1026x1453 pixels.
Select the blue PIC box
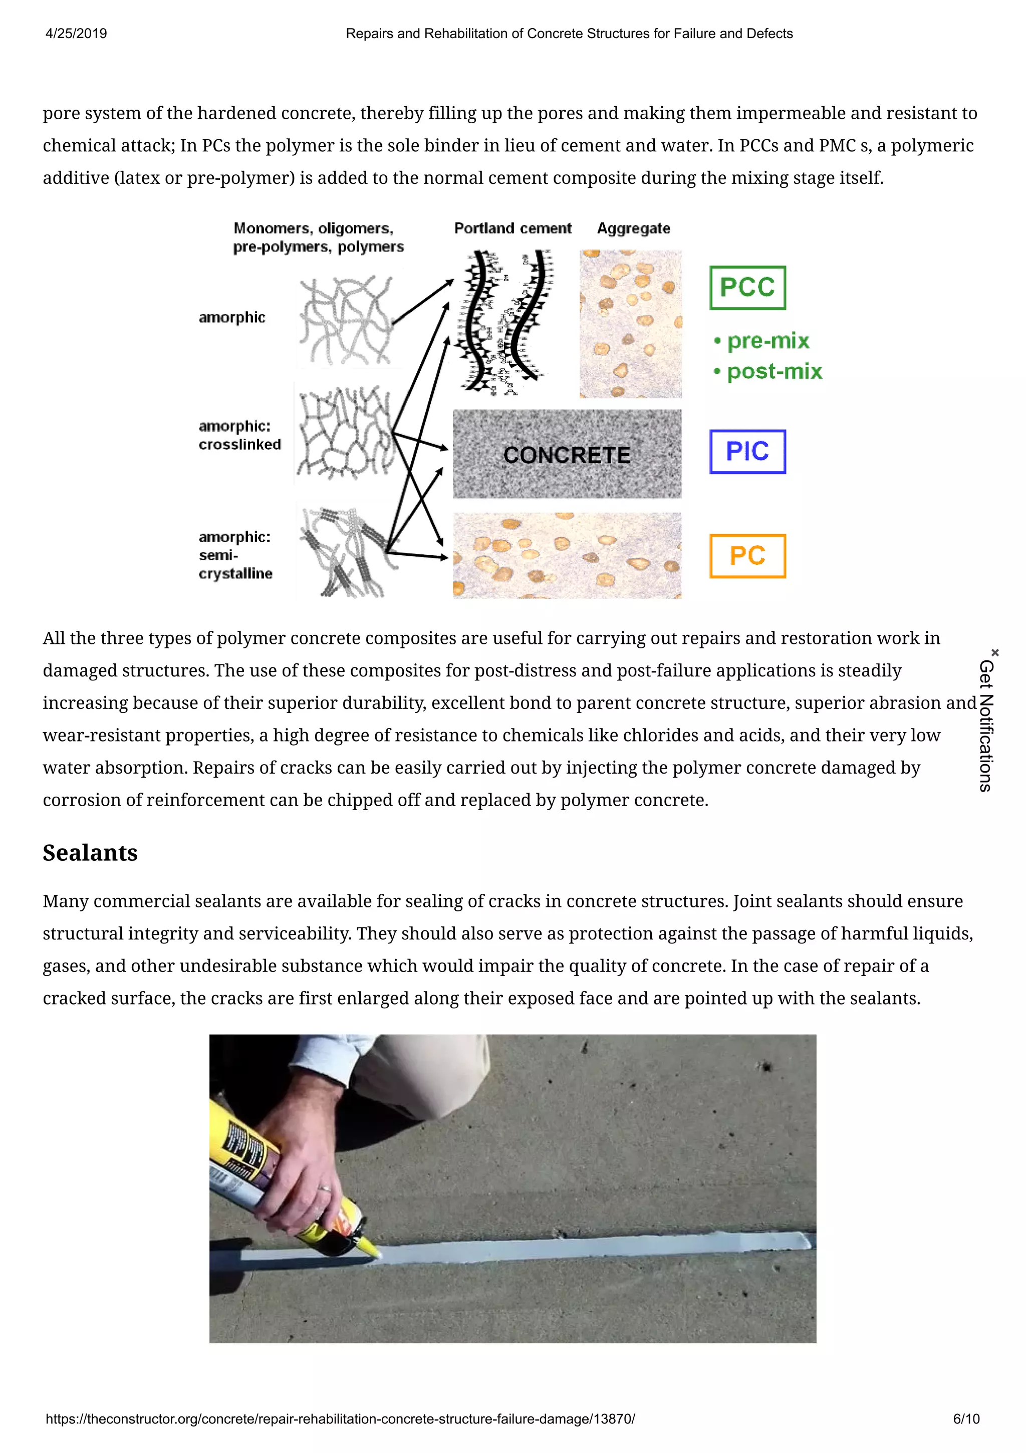(747, 451)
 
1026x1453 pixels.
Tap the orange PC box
(747, 556)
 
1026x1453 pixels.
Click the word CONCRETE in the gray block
(567, 454)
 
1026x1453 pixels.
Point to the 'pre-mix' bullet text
(767, 341)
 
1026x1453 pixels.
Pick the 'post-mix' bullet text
(774, 371)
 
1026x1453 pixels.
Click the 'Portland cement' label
(512, 228)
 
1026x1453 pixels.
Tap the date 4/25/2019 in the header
(76, 34)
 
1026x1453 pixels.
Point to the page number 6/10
(966, 1419)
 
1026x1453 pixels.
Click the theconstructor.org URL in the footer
(340, 1419)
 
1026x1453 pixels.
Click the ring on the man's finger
(325, 1188)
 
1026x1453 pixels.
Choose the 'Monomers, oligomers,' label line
(313, 228)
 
